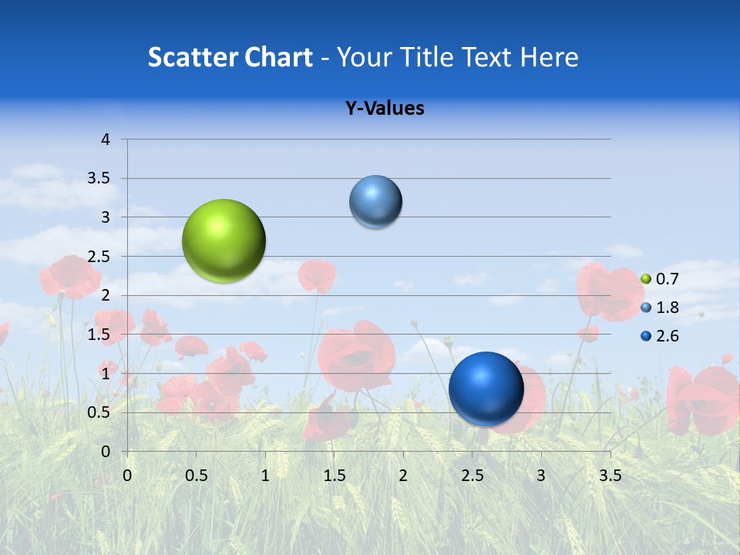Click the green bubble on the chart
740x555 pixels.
coord(224,240)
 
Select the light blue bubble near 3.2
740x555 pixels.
coord(375,202)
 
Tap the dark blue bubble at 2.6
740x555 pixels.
coord(486,388)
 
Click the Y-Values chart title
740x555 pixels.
coord(385,109)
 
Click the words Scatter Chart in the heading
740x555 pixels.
coord(230,57)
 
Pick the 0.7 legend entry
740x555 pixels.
coord(660,279)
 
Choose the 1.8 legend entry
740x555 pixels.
coord(660,308)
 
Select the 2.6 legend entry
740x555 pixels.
coord(660,336)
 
